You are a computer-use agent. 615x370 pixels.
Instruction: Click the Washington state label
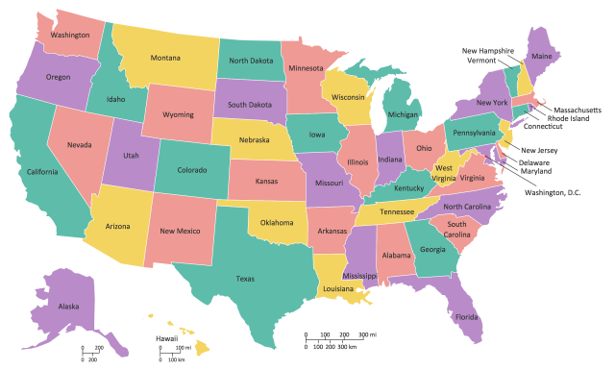[x=64, y=36]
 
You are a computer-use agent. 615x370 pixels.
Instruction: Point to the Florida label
[x=467, y=316]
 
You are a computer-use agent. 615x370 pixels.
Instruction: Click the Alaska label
[x=68, y=307]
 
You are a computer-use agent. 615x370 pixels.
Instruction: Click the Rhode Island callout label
[x=569, y=119]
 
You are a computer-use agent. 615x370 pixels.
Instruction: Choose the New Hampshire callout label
[x=488, y=50]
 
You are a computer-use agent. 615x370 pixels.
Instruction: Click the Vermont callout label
[x=480, y=61]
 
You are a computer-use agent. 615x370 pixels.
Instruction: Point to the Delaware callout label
[x=534, y=162]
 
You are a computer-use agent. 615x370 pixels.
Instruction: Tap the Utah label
[x=131, y=154]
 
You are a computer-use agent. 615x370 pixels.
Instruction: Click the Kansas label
[x=266, y=181]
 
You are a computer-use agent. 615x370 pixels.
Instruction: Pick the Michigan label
[x=404, y=114]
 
